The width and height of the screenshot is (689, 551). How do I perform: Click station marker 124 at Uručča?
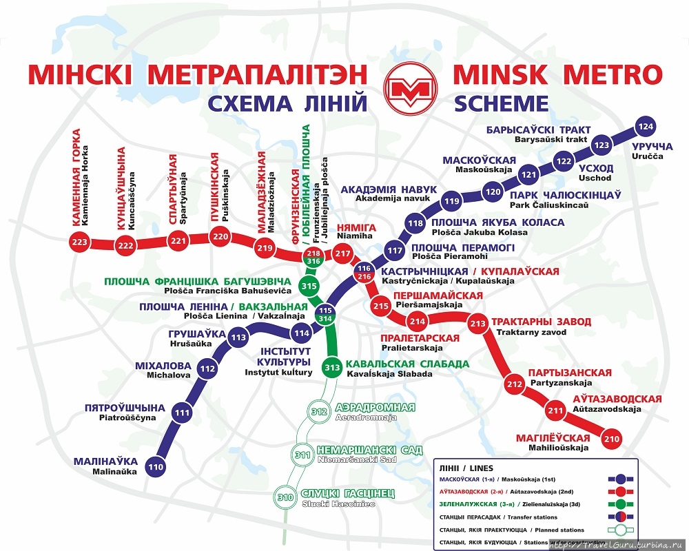[x=645, y=127]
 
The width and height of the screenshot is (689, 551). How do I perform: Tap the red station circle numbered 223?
[x=80, y=242]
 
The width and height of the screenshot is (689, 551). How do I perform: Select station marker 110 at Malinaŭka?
[x=156, y=468]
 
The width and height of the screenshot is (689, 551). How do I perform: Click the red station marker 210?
[x=611, y=437]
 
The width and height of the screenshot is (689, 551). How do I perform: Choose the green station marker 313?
[x=332, y=367]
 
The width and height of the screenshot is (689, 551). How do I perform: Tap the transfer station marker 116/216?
[x=364, y=272]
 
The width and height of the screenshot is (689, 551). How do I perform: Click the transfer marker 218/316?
[x=313, y=258]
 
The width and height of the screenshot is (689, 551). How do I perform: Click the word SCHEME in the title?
[x=501, y=103]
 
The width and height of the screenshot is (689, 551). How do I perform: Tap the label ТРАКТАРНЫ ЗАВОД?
[x=541, y=322]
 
